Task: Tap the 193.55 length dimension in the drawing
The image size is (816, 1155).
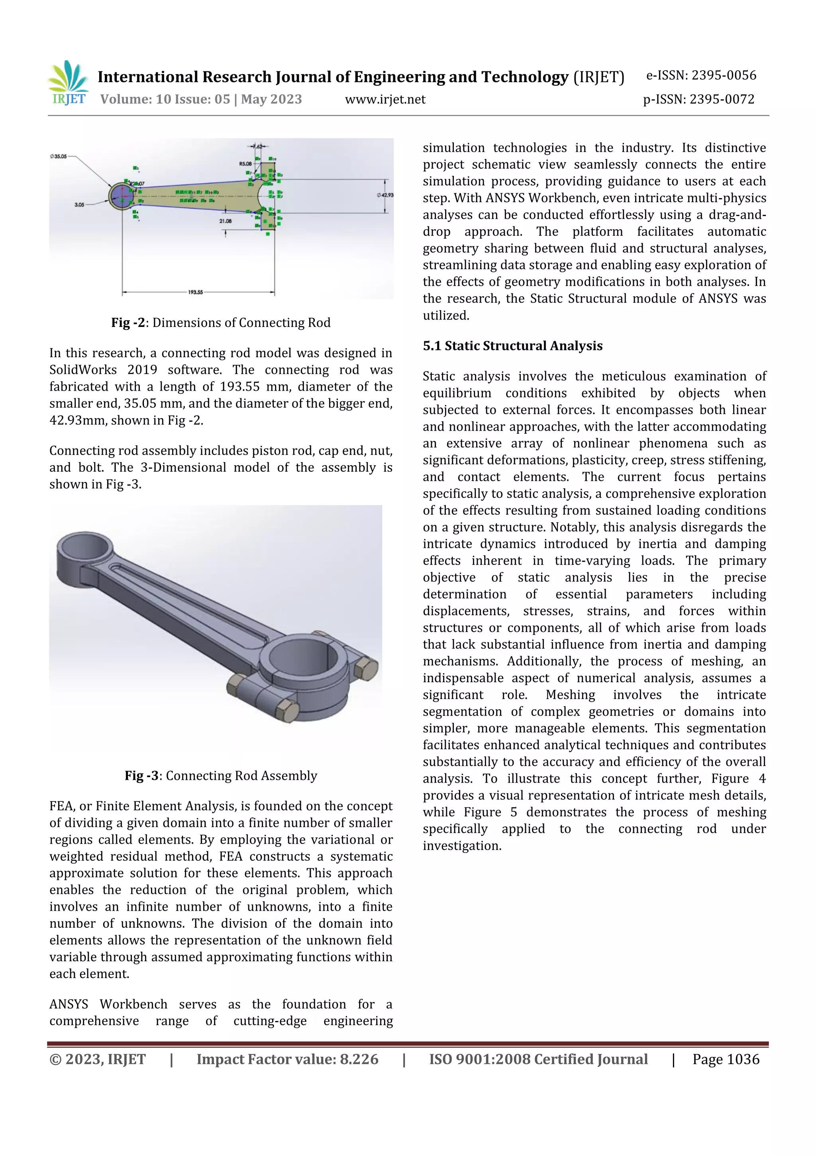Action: click(195, 292)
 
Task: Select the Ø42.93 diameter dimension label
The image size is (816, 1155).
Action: click(385, 195)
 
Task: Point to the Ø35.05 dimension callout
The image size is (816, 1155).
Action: click(58, 156)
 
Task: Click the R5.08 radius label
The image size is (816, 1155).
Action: click(245, 164)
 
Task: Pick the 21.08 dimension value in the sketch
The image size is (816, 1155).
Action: click(225, 221)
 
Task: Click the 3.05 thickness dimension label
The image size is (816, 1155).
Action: click(79, 205)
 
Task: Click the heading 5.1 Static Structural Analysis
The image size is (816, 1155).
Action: click(512, 346)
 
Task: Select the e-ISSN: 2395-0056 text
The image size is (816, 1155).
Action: click(701, 75)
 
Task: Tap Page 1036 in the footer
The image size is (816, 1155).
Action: click(726, 1059)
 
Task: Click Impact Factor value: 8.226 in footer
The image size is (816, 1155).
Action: click(287, 1059)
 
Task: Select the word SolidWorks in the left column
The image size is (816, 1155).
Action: click(83, 370)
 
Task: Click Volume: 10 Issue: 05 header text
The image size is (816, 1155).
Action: click(200, 99)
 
